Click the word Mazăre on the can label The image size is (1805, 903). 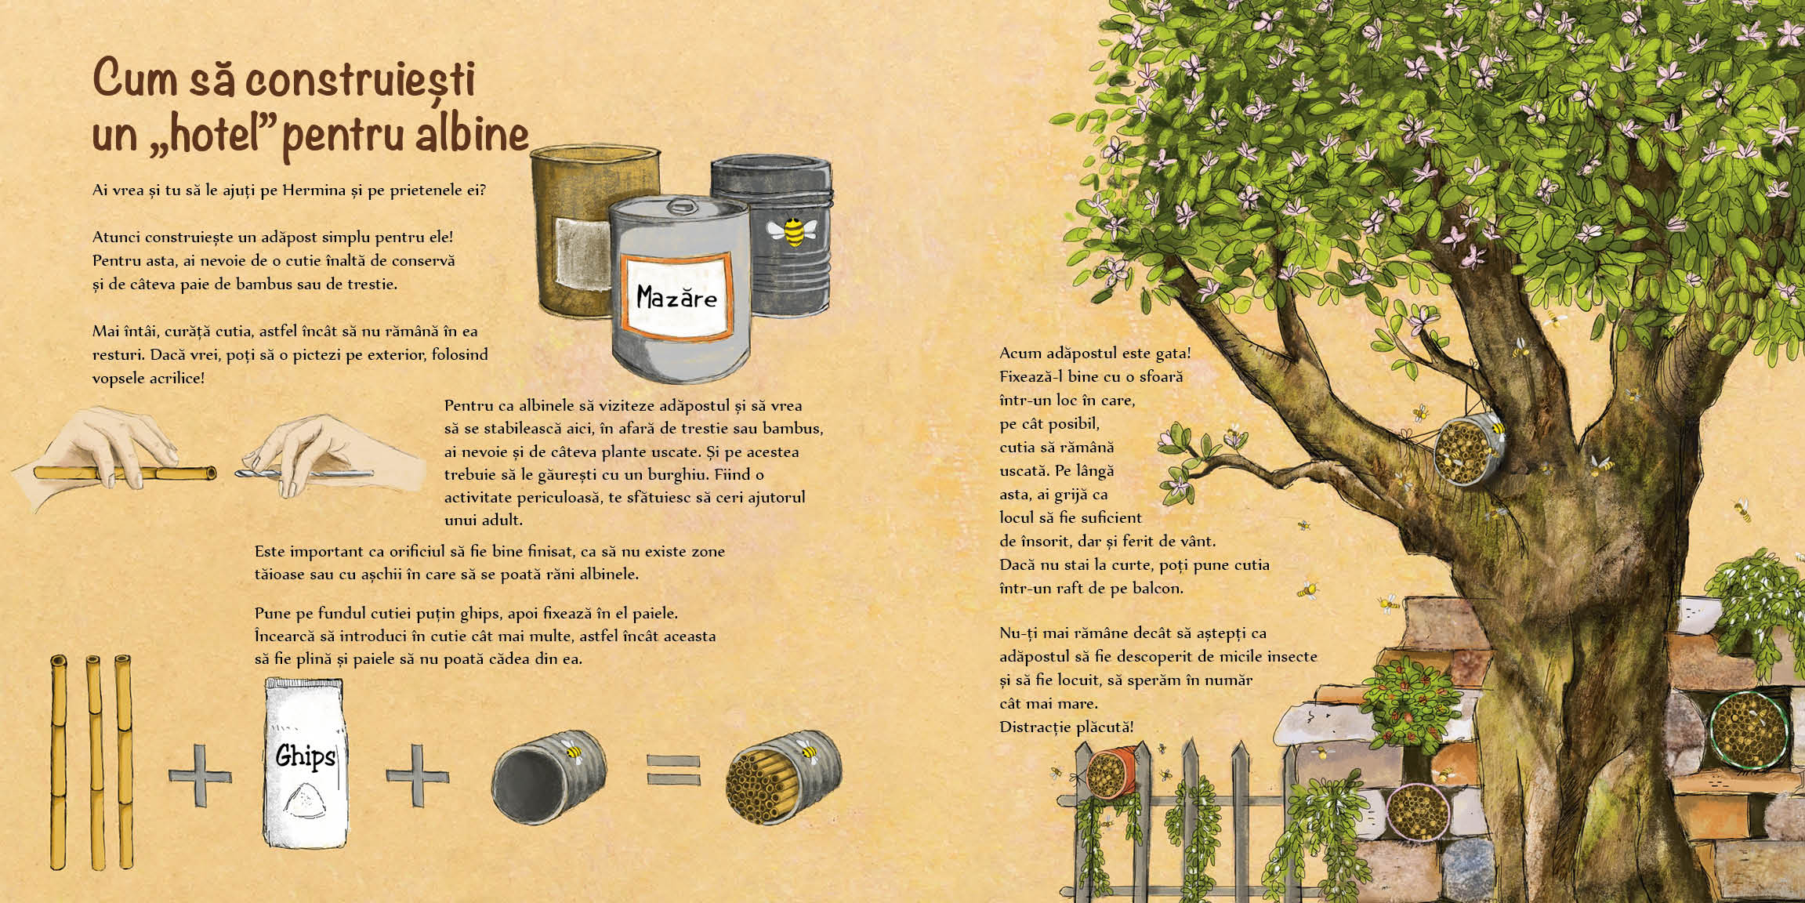(676, 297)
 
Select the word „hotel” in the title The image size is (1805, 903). (197, 135)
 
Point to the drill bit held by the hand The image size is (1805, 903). (305, 473)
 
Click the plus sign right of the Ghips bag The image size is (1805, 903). (415, 774)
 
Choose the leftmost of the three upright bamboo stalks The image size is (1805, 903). (57, 760)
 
